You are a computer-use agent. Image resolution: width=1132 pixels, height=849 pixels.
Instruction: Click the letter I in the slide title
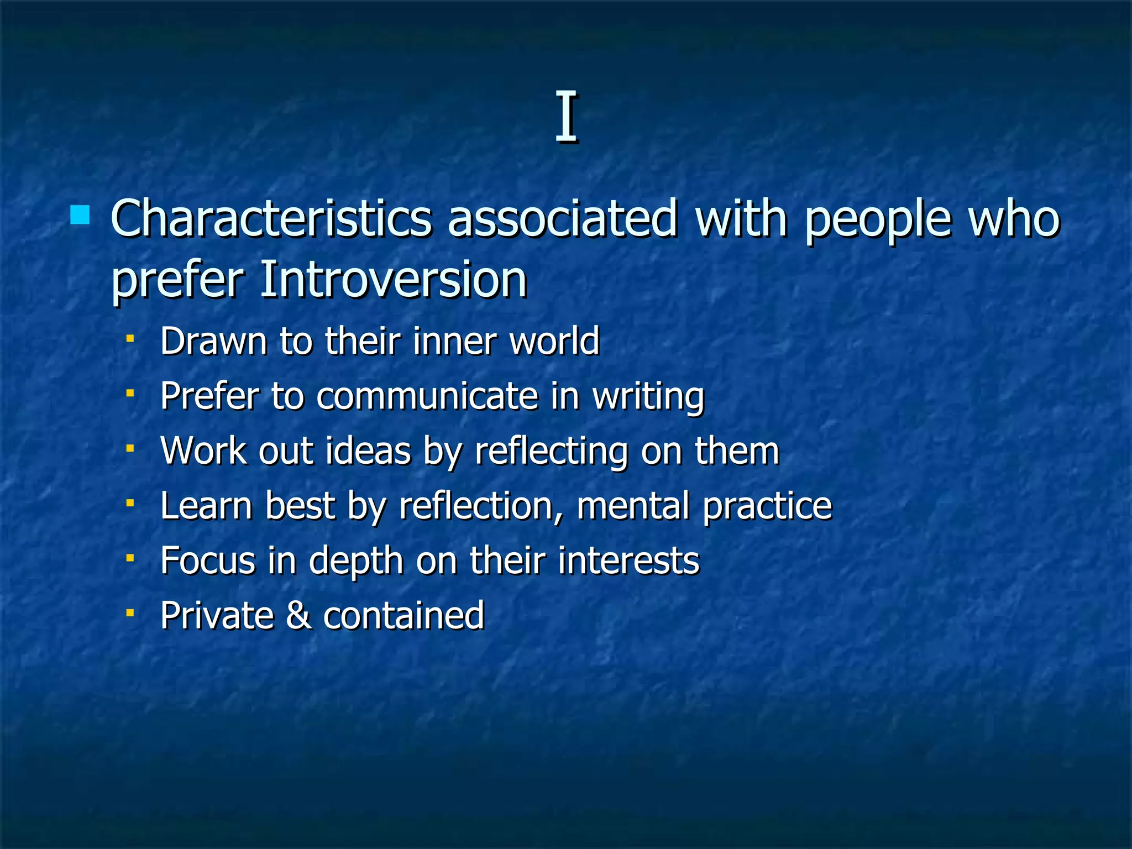click(566, 117)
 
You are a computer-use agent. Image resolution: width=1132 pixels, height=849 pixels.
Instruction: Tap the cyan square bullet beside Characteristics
click(80, 214)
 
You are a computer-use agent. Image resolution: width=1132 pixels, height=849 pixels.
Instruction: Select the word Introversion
click(393, 280)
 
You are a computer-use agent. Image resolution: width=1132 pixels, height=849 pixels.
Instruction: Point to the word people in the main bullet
click(878, 221)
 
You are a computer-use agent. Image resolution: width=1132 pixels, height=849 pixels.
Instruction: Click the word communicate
click(427, 396)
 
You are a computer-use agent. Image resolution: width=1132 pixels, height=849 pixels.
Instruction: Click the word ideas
click(368, 451)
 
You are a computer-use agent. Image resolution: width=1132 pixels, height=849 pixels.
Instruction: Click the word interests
click(628, 560)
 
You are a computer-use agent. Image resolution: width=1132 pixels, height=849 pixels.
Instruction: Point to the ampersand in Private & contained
click(298, 615)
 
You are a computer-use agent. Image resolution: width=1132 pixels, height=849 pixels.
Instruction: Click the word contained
click(403, 615)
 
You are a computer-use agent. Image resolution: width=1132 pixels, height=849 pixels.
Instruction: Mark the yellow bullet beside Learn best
click(130, 503)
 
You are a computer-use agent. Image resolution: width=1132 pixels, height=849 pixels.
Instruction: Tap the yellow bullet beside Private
click(130, 612)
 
